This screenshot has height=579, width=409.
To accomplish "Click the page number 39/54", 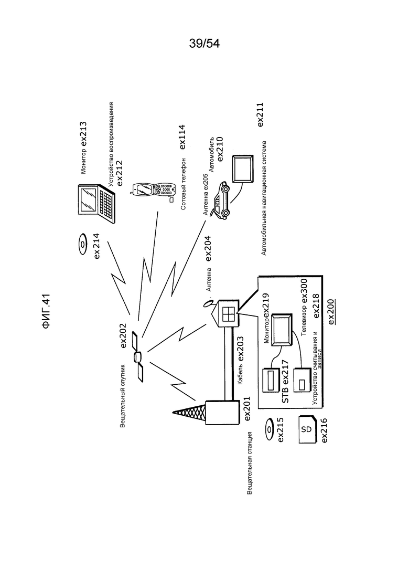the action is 204,44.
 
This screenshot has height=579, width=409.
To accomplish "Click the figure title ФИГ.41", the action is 46,311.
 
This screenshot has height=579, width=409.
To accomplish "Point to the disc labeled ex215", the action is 270,429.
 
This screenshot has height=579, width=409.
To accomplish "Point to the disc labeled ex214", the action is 82,244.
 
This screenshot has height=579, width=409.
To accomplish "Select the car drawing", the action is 221,201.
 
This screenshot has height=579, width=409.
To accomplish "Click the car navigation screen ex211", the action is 243,169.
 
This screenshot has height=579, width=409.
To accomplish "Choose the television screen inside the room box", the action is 282,330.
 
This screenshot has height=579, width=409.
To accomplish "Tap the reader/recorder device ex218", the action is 302,380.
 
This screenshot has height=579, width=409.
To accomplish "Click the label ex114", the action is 182,138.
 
